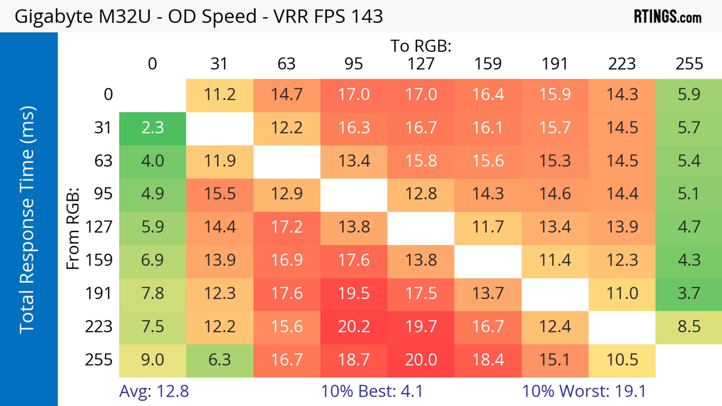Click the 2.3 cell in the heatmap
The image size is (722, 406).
tap(152, 128)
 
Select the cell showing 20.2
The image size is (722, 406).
tap(354, 327)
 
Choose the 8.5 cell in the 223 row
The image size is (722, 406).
tap(689, 327)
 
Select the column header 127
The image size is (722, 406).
tap(421, 64)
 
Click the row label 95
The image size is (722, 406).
tap(103, 194)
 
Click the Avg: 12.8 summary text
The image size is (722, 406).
tap(154, 391)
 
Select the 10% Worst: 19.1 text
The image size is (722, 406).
tap(584, 391)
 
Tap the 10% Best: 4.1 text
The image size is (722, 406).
tap(372, 391)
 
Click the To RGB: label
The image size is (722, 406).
tap(421, 46)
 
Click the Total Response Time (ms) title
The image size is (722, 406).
tap(27, 220)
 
